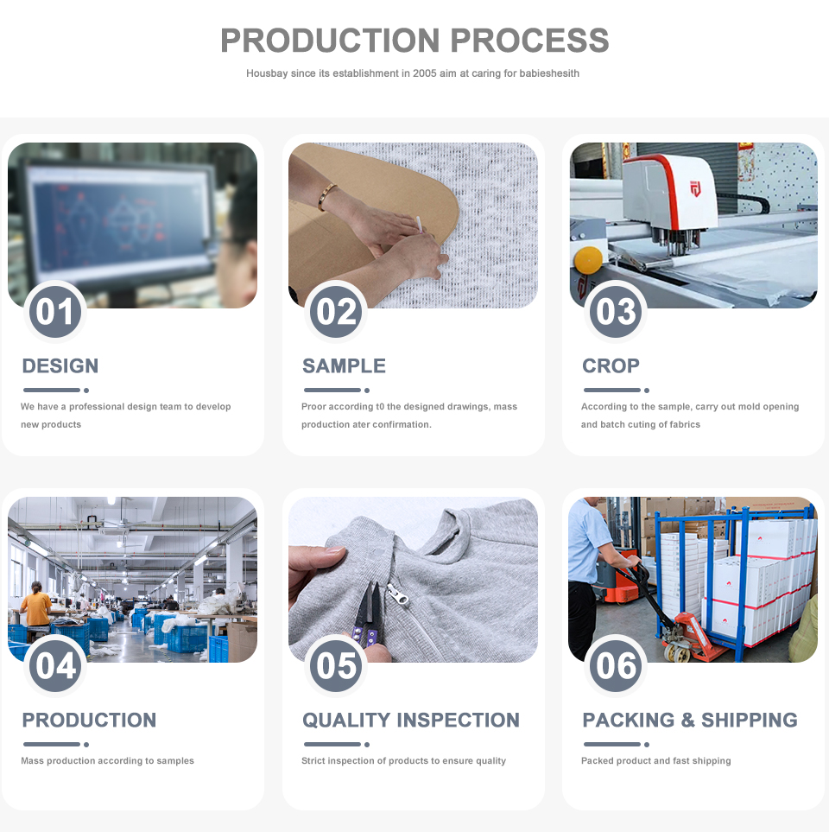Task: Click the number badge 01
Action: [55, 311]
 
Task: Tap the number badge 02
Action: [336, 311]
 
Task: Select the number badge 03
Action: [616, 311]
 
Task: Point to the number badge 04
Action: [55, 665]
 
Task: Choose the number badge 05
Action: [336, 665]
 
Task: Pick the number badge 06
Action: [616, 665]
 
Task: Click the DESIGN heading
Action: [60, 365]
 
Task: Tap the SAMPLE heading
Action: [344, 365]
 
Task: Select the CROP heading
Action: [611, 365]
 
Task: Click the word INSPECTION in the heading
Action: [459, 720]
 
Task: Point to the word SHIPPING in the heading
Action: [750, 720]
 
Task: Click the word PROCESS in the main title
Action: [529, 41]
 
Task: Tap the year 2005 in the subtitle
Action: [424, 73]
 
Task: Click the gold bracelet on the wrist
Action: [326, 196]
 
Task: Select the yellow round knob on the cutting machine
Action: [588, 259]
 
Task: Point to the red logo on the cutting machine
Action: [695, 187]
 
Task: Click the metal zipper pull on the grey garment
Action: [398, 594]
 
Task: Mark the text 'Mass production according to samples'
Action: [107, 761]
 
